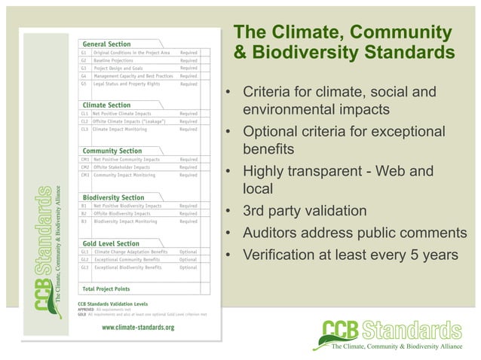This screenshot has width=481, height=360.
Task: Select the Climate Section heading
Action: coord(106,105)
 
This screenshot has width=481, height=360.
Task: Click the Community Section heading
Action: coord(112,151)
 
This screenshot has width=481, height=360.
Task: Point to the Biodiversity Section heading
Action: coord(114,197)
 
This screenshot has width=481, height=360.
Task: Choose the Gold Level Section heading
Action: coord(111,243)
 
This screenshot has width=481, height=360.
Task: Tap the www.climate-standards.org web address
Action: coord(138,328)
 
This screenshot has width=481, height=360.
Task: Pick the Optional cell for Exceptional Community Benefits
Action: coord(188,259)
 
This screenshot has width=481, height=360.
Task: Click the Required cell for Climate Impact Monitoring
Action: coord(188,129)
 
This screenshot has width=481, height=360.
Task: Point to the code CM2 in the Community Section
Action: coord(85,167)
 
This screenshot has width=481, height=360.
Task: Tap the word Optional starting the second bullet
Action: coord(270,133)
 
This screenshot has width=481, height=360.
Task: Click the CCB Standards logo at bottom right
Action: coord(392,335)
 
